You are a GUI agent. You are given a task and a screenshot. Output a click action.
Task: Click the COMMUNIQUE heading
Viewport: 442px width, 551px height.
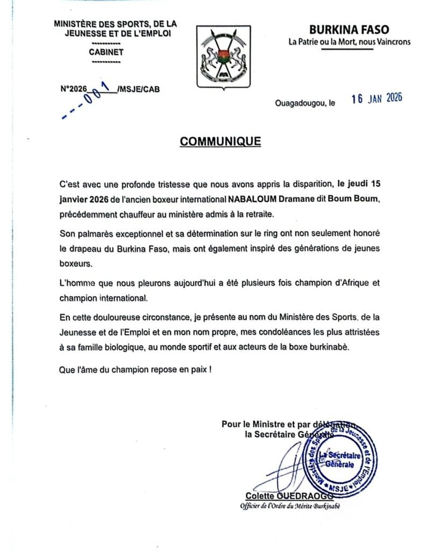tap(220, 142)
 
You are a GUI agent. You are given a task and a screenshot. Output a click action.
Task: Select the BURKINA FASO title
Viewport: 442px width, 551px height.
tap(349, 30)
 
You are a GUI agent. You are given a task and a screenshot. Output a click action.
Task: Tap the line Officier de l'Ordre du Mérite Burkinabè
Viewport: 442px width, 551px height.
tap(290, 506)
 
